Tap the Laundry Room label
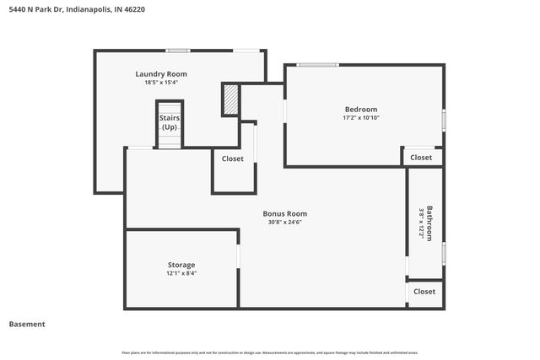click(161, 74)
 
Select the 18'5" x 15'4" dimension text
click(161, 83)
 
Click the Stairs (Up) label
click(169, 122)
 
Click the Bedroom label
click(360, 109)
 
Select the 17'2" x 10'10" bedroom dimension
click(360, 117)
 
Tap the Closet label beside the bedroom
click(421, 158)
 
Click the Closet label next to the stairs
click(233, 159)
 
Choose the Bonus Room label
click(284, 213)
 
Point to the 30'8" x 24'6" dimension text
click(284, 223)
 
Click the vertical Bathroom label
click(430, 223)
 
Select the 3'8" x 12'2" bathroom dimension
click(421, 223)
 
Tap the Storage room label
click(181, 265)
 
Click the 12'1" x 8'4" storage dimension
click(181, 273)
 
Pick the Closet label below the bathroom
click(424, 292)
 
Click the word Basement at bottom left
click(27, 324)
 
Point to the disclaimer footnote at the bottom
click(269, 352)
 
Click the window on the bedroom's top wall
click(317, 65)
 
